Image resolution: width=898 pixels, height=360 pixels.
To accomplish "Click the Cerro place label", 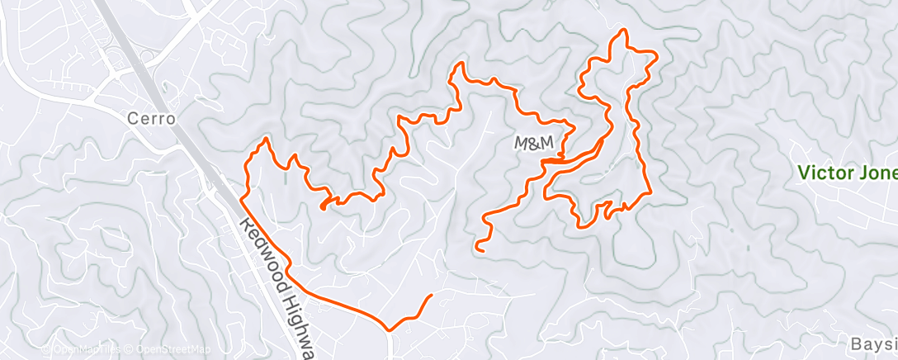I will pyautogui.click(x=151, y=119).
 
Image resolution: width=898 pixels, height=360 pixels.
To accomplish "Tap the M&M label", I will pyautogui.click(x=533, y=144).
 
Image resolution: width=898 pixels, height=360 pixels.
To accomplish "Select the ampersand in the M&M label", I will pyautogui.click(x=533, y=144).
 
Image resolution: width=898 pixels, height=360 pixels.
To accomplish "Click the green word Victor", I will pyautogui.click(x=824, y=173).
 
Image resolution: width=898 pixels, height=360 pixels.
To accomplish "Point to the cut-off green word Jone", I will pyautogui.click(x=877, y=173).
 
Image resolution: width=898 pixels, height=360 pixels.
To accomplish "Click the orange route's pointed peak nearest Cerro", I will pyautogui.click(x=266, y=140).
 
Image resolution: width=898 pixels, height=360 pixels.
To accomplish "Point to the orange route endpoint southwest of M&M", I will pyautogui.click(x=478, y=247).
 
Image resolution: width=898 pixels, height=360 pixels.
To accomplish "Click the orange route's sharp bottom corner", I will pyautogui.click(x=390, y=329).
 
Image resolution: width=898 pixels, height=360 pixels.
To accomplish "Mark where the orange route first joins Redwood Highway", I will pyautogui.click(x=242, y=198).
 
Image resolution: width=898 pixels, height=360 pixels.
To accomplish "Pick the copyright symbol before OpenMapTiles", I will pyautogui.click(x=46, y=350).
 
